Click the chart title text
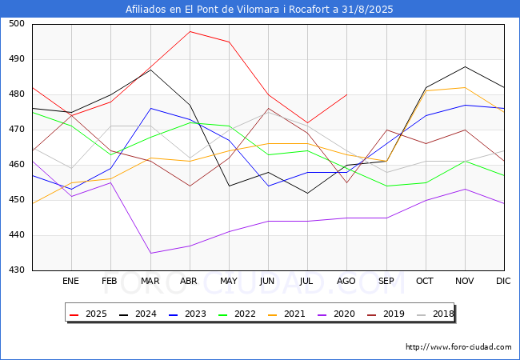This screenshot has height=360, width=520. [x=259, y=10]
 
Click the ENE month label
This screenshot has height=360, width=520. [x=70, y=282]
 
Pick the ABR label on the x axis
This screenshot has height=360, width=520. [x=189, y=282]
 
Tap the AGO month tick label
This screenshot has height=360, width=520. [x=346, y=282]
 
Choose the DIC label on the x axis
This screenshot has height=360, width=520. [x=503, y=282]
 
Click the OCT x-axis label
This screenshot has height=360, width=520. [x=425, y=282]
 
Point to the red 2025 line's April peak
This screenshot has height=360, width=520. [x=190, y=31]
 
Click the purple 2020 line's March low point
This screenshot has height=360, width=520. [x=150, y=253]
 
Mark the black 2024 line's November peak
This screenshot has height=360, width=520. [x=464, y=66]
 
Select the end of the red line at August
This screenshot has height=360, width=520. [x=346, y=94]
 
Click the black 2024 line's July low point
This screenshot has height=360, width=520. [x=307, y=193]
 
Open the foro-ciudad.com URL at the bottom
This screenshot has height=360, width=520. [x=458, y=347]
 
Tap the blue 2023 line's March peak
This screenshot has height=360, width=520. [x=150, y=108]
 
